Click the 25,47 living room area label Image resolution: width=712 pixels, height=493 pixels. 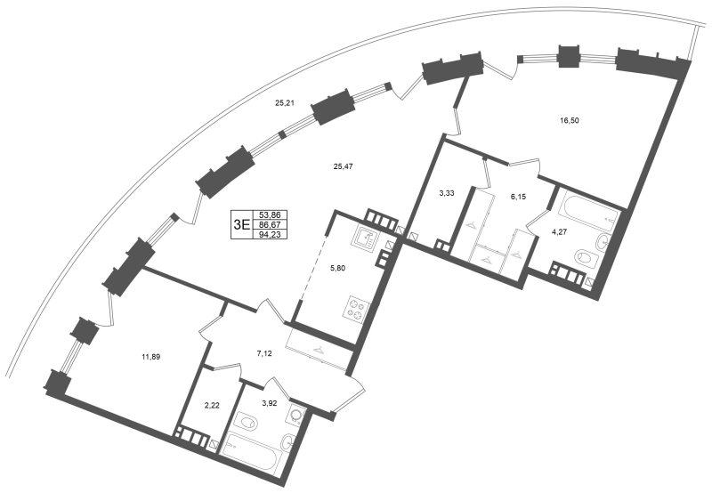click(x=343, y=166)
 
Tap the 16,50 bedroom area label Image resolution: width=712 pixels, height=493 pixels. click(x=570, y=121)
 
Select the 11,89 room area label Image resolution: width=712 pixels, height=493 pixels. click(x=150, y=357)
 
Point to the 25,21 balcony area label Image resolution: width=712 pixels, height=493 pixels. click(x=285, y=103)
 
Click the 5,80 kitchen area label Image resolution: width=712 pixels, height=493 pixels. click(x=337, y=268)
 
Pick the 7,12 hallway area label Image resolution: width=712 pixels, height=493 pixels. click(x=264, y=353)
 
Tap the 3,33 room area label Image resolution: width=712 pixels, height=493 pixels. click(x=447, y=193)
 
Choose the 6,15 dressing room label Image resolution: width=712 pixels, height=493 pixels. click(x=519, y=197)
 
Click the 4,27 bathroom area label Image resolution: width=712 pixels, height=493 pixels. click(x=559, y=232)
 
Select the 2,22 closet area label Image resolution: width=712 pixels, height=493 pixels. click(x=212, y=406)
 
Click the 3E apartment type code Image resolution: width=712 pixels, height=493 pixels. click(x=241, y=225)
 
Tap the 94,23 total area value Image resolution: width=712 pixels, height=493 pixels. click(x=268, y=235)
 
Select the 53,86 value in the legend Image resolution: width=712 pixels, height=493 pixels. click(x=268, y=215)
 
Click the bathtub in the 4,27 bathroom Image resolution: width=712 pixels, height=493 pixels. click(x=588, y=213)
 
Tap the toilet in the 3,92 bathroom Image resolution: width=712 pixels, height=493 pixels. click(x=246, y=423)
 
